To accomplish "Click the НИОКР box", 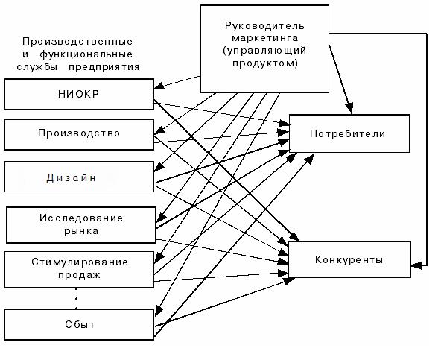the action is pos(79,94).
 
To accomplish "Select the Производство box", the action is pos(79,135).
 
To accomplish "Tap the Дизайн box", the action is pos(79,177).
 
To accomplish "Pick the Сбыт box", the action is pos(79,325).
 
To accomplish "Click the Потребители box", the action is pos(349,133).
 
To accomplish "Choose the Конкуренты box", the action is pos(349,259).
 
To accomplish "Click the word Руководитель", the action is pos(264,26).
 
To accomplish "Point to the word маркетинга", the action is pos(264,38).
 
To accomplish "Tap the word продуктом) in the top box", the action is pos(264,63).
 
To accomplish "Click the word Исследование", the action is pos(81,218).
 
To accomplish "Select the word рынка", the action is pos(81,231).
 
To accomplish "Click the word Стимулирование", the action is pos(80,262).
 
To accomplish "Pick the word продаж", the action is pos(79,275).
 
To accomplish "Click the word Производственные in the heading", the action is pos(77,42).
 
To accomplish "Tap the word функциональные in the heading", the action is pos(86,54).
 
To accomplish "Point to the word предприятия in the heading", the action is pos(104,67).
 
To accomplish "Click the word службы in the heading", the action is pos(37,67).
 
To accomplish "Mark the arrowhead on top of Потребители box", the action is pos(349,109).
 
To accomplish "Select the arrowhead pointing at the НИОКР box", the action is pos(159,86).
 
